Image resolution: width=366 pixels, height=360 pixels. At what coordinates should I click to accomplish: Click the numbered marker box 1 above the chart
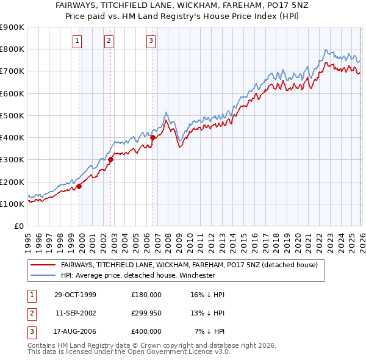pyautogui.click(x=78, y=41)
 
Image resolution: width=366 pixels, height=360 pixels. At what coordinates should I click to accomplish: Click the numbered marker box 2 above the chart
pyautogui.click(x=109, y=41)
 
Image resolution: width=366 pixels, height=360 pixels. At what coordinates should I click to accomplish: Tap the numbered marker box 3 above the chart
pyautogui.click(x=151, y=41)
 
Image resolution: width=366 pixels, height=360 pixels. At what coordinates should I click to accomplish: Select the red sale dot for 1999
pyautogui.click(x=79, y=186)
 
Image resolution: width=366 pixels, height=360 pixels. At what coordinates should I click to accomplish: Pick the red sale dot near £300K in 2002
pyautogui.click(x=111, y=160)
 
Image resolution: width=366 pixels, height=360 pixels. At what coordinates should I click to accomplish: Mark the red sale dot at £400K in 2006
pyautogui.click(x=153, y=138)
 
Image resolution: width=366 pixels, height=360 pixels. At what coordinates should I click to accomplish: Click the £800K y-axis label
pyautogui.click(x=12, y=49)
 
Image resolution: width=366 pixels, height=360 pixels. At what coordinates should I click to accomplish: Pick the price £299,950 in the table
pyautogui.click(x=146, y=313)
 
